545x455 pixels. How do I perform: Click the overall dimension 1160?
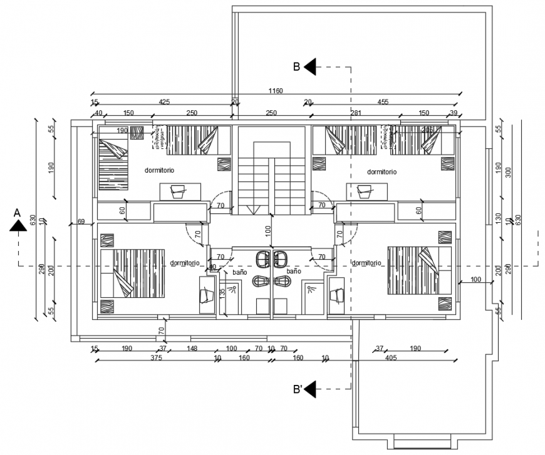(276, 91)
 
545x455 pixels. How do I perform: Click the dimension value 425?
(164, 101)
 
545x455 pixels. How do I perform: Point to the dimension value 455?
(382, 101)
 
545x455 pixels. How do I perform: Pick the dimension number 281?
(356, 113)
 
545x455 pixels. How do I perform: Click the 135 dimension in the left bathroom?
(222, 293)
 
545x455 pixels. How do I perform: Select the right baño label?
(294, 272)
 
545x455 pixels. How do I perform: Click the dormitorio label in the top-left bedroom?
(159, 170)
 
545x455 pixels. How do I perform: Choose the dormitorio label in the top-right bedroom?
(382, 171)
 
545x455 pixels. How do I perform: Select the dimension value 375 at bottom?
(156, 358)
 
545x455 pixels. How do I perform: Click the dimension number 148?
(192, 348)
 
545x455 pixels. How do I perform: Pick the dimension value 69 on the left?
(81, 222)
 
